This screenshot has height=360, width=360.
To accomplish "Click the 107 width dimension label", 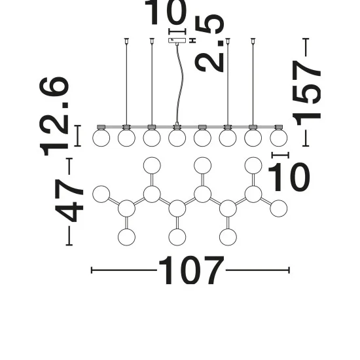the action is pos(191,270).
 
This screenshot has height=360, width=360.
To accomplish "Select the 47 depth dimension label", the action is pos(69,200).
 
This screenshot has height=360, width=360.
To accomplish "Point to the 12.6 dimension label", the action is pos(54,117).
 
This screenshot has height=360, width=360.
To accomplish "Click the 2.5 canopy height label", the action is pos(209,43).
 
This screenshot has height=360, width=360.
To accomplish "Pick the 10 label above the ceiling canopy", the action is pos(166,12).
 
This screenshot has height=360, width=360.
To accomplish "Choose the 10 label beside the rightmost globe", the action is pos(289,177).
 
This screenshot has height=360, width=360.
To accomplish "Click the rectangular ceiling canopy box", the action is pos(177,41).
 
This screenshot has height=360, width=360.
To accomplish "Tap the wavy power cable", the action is pos(179,83).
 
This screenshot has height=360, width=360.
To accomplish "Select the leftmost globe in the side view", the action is pos(101,137).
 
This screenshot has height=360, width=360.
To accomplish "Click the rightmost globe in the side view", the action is pos(278,137).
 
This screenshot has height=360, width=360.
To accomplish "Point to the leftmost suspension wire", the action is pos(126,82).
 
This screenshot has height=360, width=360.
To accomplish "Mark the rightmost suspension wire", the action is pos(253,82).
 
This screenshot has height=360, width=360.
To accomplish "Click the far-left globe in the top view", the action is pos(101,194).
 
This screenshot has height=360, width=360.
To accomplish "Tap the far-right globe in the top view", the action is pos(278,208).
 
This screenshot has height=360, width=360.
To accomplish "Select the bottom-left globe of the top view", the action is pos(126,237).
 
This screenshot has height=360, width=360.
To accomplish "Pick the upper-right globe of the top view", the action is pos(253,166).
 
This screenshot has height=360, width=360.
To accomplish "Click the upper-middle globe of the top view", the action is pos(202,166).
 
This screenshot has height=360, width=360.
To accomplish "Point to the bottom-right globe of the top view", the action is pos(228,237).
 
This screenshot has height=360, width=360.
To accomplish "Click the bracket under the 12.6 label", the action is pos(78,135).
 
